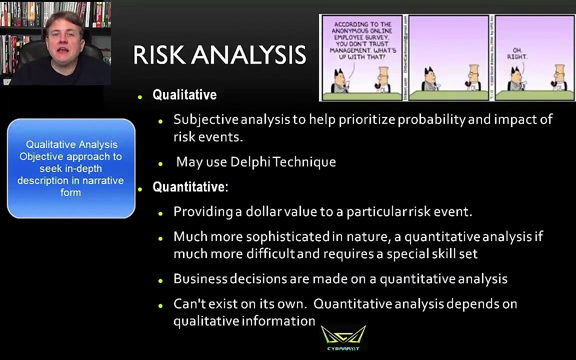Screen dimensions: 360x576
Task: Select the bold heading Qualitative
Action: (184, 95)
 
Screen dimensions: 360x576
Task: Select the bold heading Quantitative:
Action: (190, 187)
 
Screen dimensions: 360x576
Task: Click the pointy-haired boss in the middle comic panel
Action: (428, 80)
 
